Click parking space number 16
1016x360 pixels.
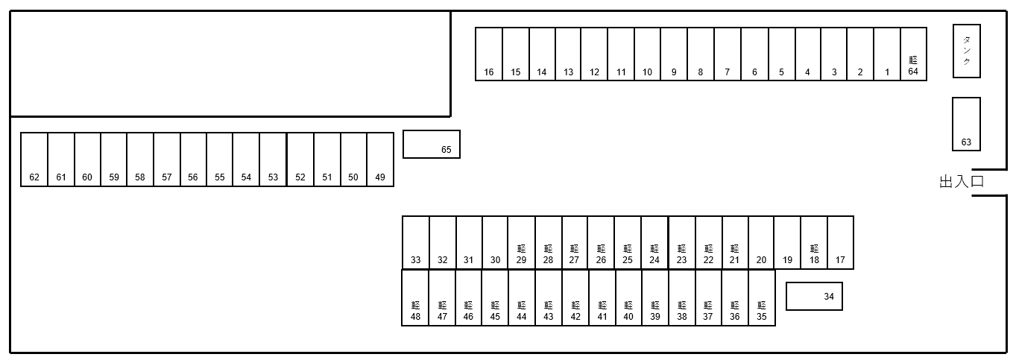[489, 54]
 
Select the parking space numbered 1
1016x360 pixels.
[887, 54]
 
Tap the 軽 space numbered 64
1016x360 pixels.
[913, 54]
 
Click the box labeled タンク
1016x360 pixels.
[967, 51]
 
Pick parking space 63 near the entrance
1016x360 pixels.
[966, 124]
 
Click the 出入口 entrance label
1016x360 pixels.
[962, 182]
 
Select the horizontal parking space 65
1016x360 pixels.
[432, 145]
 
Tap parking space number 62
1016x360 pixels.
[34, 160]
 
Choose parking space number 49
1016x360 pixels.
[380, 160]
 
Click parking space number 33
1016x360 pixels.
[416, 242]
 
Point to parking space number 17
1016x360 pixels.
[840, 242]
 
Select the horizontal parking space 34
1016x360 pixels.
[814, 296]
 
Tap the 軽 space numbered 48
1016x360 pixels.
[415, 298]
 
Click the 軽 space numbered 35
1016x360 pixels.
[762, 298]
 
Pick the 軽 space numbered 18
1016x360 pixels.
[814, 242]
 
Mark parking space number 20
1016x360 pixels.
[761, 242]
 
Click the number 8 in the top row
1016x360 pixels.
[701, 72]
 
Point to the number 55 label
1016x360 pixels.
[220, 177]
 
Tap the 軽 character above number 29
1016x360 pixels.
[521, 248]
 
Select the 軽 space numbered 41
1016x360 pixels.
[602, 298]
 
